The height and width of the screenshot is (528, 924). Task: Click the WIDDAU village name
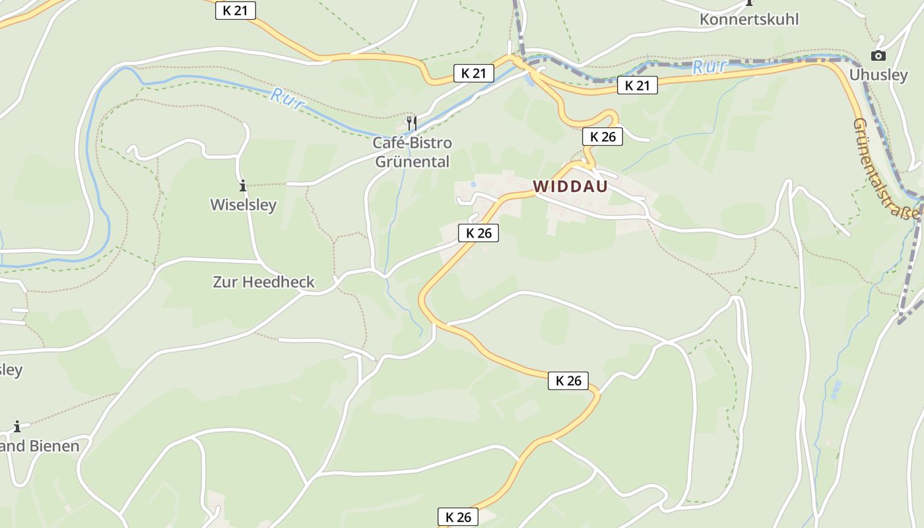click(x=570, y=187)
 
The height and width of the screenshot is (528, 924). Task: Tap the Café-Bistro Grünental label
click(x=412, y=152)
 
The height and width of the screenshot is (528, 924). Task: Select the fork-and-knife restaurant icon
click(x=411, y=123)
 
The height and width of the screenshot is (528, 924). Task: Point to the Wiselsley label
click(x=243, y=205)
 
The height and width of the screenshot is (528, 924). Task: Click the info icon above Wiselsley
click(x=243, y=185)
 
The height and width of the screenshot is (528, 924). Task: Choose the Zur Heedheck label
click(x=263, y=282)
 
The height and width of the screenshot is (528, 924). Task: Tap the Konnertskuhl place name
click(x=749, y=19)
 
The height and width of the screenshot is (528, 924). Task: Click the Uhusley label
click(x=878, y=75)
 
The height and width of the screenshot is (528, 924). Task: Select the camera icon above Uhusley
click(x=878, y=56)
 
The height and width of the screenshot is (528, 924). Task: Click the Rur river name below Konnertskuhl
click(x=710, y=67)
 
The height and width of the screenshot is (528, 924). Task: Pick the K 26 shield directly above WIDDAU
click(x=603, y=137)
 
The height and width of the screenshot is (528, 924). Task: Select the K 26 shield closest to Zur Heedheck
click(x=478, y=232)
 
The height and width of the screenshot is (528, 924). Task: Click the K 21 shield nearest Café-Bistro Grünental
click(x=473, y=73)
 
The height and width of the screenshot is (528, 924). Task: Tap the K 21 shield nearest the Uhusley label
click(x=638, y=85)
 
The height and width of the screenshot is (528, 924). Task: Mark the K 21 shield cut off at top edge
click(x=235, y=10)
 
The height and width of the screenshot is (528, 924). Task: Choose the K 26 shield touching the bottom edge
click(x=458, y=517)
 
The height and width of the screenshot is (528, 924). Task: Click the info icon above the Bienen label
click(x=17, y=426)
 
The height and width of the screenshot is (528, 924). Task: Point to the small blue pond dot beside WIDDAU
click(x=473, y=184)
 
